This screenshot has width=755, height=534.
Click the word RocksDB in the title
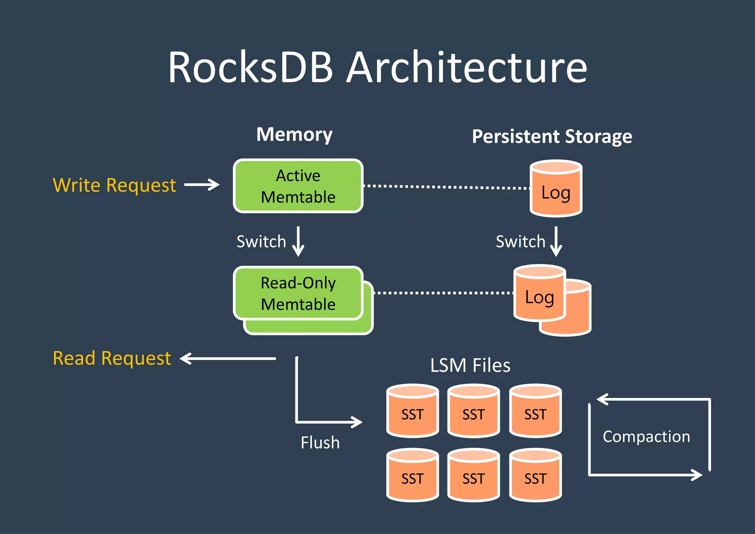(251, 67)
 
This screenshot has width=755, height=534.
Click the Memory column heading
(294, 134)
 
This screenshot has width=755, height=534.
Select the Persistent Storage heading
(552, 136)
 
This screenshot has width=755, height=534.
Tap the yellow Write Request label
(114, 185)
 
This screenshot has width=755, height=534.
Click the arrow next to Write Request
(202, 184)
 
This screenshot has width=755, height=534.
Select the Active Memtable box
(298, 186)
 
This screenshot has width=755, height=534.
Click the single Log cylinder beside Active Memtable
(556, 189)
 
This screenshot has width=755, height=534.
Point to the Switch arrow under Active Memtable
(298, 242)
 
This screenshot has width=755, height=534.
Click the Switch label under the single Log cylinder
(520, 242)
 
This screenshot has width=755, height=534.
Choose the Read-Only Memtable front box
(298, 293)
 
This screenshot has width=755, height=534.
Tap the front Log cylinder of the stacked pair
(539, 294)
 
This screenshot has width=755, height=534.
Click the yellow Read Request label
(112, 358)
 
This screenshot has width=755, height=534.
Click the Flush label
(320, 443)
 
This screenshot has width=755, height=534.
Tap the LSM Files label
(470, 365)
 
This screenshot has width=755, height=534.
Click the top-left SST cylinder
(413, 411)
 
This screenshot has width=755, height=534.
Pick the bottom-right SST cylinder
(535, 475)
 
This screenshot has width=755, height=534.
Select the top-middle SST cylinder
(473, 411)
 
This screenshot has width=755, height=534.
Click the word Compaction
(646, 437)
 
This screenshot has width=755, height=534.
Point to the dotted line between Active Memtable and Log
(446, 187)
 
